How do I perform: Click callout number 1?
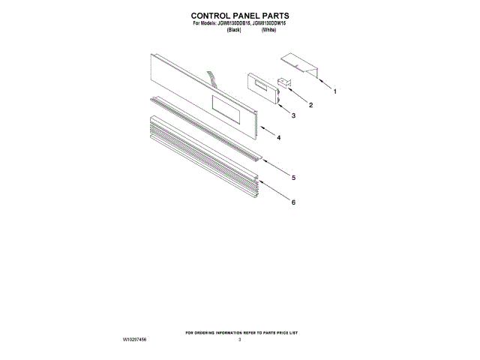[x=334, y=91]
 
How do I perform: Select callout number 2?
[x=310, y=105]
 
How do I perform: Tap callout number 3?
[x=293, y=116]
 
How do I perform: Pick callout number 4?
[x=278, y=139]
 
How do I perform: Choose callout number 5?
[x=293, y=178]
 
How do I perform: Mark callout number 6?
[x=293, y=202]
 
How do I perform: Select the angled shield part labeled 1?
[x=300, y=64]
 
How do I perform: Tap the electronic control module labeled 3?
[x=262, y=88]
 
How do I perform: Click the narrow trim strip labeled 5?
[x=202, y=128]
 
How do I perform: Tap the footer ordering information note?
[x=240, y=332]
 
